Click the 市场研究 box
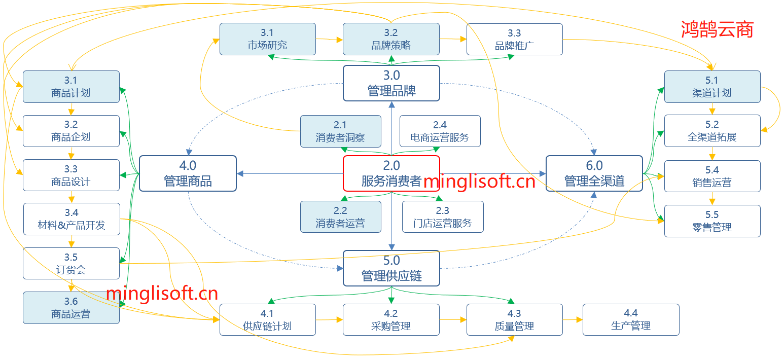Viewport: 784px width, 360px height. click(x=267, y=39)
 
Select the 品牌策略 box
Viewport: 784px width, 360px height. click(x=391, y=39)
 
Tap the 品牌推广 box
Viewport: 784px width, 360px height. click(x=514, y=39)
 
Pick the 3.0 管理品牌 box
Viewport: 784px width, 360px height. click(x=391, y=83)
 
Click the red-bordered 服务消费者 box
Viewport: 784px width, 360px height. click(x=391, y=173)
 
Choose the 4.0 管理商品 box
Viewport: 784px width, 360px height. click(x=188, y=173)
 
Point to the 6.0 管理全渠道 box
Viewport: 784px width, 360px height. click(x=594, y=173)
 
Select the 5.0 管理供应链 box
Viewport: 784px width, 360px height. click(x=391, y=268)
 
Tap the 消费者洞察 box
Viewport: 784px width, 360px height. click(x=340, y=131)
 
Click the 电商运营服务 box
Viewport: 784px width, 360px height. click(x=440, y=131)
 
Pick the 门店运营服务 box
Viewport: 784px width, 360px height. click(x=443, y=217)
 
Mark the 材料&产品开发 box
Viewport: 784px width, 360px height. click(x=72, y=219)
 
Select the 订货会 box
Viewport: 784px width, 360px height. click(x=71, y=263)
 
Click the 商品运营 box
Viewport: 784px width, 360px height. click(x=71, y=308)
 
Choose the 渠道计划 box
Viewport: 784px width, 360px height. click(x=712, y=87)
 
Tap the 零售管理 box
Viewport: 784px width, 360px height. click(x=712, y=221)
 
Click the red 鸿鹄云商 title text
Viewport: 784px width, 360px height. click(x=717, y=29)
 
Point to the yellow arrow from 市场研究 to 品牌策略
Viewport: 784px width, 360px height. click(x=329, y=39)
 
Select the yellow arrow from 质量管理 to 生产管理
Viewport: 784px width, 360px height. click(x=573, y=319)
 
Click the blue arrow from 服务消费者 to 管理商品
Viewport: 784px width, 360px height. click(x=290, y=173)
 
